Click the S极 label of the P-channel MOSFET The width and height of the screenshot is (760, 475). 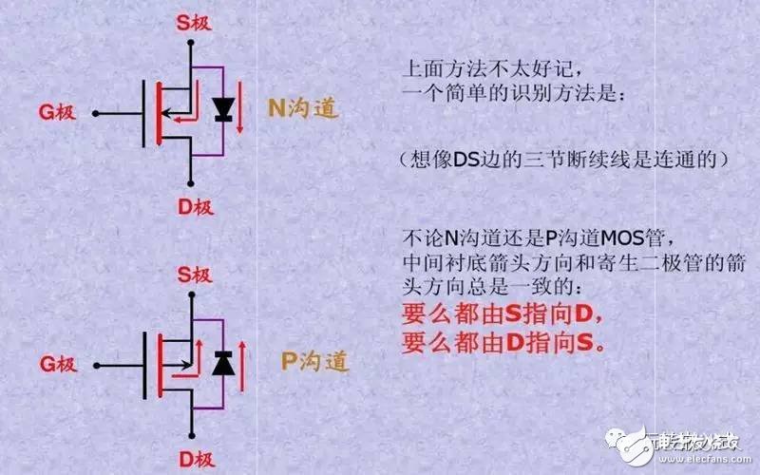click(193, 275)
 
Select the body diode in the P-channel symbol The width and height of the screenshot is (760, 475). click(223, 362)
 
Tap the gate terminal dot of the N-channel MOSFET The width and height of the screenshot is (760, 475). click(95, 114)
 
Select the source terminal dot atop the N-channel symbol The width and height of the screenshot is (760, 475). click(191, 41)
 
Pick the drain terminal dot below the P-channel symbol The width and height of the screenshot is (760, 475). click(193, 435)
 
